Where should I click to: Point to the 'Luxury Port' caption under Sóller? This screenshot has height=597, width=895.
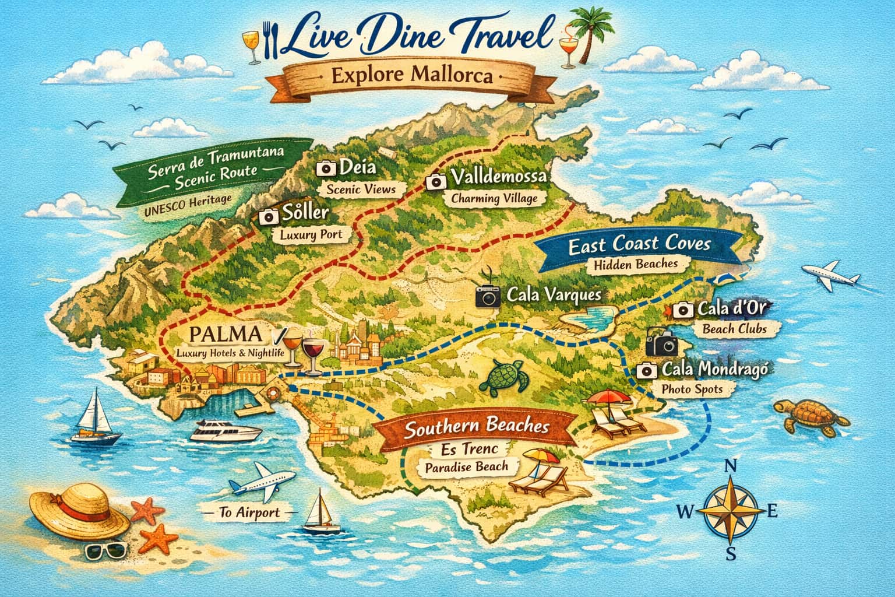tap(308, 236)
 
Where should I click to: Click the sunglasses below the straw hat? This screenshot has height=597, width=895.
tap(105, 550)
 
